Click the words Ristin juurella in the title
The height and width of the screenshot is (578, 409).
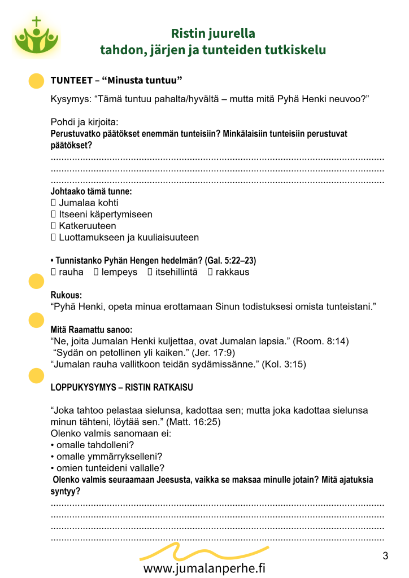pyautogui.click(x=213, y=33)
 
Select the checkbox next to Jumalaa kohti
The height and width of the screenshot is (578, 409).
pyautogui.click(x=54, y=202)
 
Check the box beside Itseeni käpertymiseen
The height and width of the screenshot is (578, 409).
pyautogui.click(x=54, y=214)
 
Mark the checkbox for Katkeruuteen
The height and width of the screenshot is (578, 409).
pyautogui.click(x=54, y=226)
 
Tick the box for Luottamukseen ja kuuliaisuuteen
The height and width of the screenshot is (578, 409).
pyautogui.click(x=54, y=238)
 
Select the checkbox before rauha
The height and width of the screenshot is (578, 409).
pyautogui.click(x=54, y=272)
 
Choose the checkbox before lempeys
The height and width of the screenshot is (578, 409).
pyautogui.click(x=96, y=272)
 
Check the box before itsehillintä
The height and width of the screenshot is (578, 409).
pyautogui.click(x=150, y=272)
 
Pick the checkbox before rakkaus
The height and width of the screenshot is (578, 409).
pyautogui.click(x=210, y=272)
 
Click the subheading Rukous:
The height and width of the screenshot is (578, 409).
pyautogui.click(x=66, y=295)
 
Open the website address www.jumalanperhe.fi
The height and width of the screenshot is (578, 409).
pyautogui.click(x=204, y=568)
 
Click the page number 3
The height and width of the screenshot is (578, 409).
pyautogui.click(x=385, y=556)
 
